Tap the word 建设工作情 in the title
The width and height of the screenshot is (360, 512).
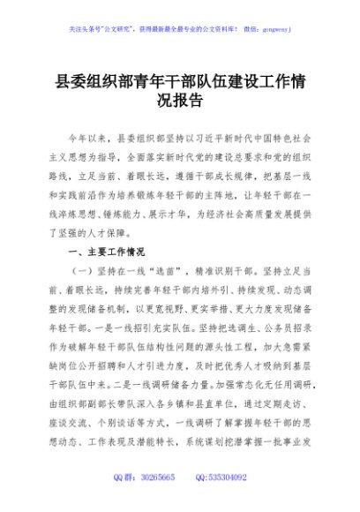point(264,81)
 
